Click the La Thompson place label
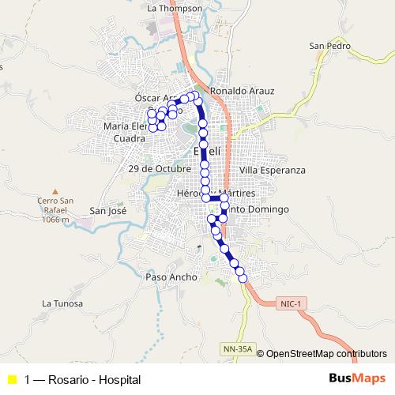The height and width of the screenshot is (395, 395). click(x=175, y=8)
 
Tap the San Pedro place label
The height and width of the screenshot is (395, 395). click(x=329, y=45)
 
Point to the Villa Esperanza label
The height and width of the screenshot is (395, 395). click(x=272, y=170)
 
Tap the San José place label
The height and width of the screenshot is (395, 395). click(x=108, y=210)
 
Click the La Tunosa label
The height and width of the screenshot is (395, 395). click(x=62, y=303)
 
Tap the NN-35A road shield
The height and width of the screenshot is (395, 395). click(x=236, y=347)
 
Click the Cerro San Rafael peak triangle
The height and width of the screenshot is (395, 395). click(x=55, y=191)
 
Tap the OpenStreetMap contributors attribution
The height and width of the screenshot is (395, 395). click(x=325, y=354)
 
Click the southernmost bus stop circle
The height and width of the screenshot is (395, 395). click(x=243, y=276)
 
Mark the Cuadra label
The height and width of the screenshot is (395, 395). click(x=129, y=138)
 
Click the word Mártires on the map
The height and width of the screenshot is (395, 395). click(x=239, y=193)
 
